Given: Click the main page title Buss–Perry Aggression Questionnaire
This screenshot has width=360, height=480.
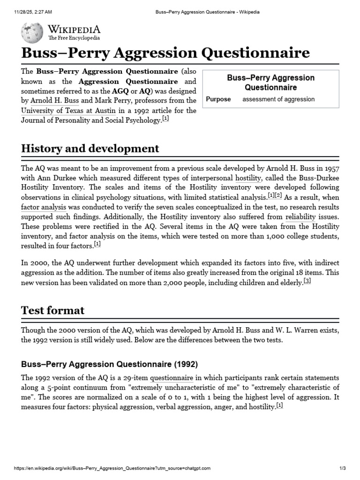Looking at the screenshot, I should (x=165, y=52).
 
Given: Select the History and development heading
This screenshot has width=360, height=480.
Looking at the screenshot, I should (x=90, y=149).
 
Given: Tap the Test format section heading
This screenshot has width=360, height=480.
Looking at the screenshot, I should (x=53, y=310).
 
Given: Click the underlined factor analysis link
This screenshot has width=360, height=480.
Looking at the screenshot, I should (x=43, y=206).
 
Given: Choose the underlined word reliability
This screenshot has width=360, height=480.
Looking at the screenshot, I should (x=300, y=217).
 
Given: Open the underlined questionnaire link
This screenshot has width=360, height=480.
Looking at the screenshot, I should (x=171, y=378).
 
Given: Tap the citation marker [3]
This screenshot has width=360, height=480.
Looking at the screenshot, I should (x=307, y=281).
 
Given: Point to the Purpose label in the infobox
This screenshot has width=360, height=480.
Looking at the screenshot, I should (x=218, y=99).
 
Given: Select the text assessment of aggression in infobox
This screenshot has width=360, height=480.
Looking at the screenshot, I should (x=278, y=99).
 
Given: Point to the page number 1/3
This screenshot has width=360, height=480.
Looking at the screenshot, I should (x=342, y=468).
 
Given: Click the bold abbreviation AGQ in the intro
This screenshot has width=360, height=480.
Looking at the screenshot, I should (x=120, y=91).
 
